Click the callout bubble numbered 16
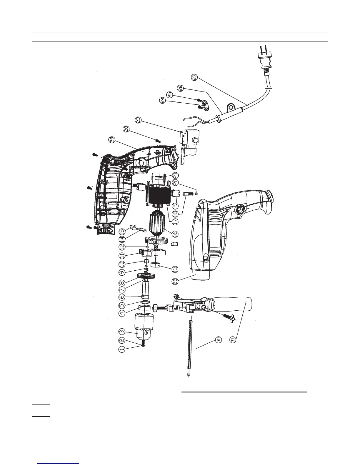[175, 233]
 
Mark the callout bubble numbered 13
[175, 268]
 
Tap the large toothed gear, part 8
[146, 277]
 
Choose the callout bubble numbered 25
[170, 95]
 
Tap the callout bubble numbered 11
[122, 255]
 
